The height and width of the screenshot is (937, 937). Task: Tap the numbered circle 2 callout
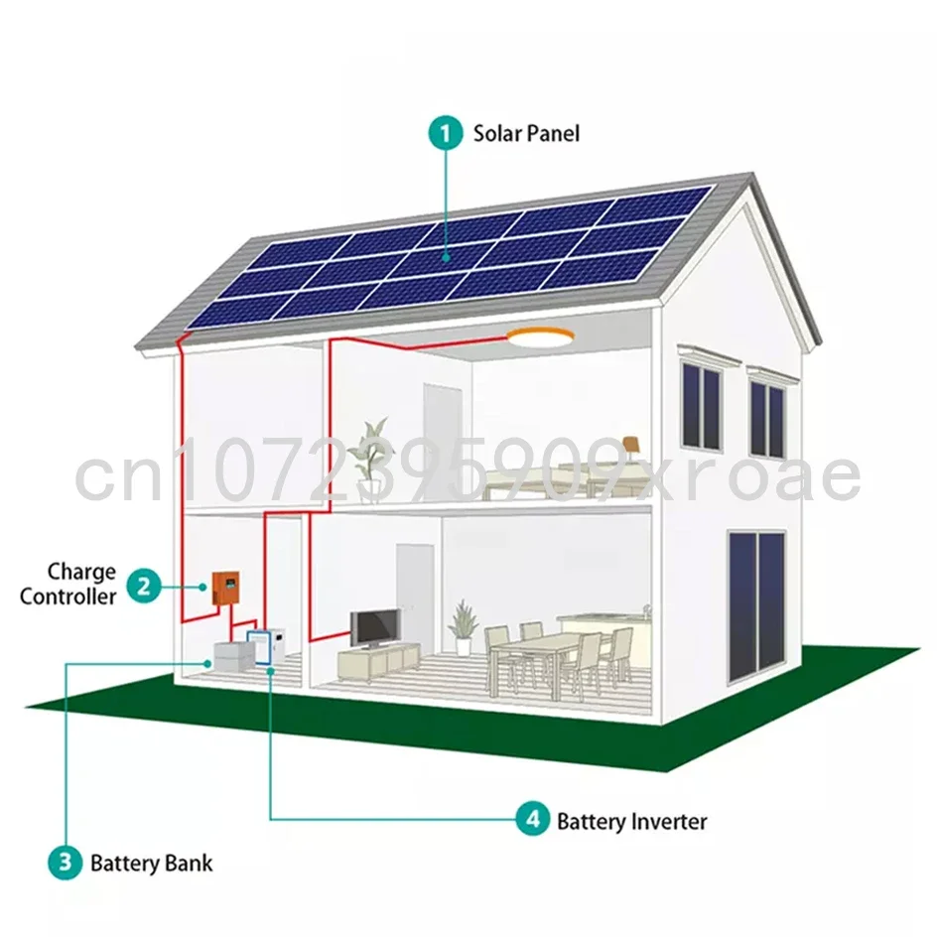144,586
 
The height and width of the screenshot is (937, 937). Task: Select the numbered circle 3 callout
65,862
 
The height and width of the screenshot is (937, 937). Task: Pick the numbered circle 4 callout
532,820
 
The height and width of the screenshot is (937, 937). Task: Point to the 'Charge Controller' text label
81,585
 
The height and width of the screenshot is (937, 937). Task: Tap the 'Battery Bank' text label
151,862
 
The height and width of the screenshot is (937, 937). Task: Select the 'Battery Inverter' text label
631,821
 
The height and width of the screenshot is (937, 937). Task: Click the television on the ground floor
375,628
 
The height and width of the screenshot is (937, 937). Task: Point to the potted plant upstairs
372,452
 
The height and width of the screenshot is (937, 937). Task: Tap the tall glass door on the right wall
755,604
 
